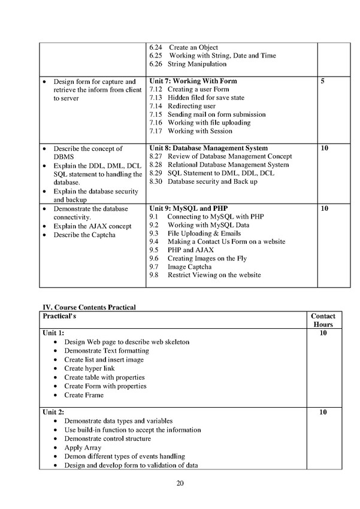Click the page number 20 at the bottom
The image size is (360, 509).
click(x=180, y=483)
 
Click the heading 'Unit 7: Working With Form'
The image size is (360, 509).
click(x=193, y=81)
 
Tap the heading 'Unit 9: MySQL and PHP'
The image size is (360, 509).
click(x=188, y=208)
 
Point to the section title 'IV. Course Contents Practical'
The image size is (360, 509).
click(x=88, y=307)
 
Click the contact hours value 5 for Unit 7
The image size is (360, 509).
click(x=323, y=81)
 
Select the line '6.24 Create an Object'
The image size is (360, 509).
click(x=184, y=47)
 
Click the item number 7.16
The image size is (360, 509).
click(x=156, y=123)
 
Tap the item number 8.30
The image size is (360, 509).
click(x=156, y=181)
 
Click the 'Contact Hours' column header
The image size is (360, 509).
click(x=323, y=320)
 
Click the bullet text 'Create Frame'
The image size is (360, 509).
click(x=84, y=395)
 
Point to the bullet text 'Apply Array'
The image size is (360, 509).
click(x=83, y=447)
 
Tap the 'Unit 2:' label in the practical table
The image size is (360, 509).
click(x=52, y=413)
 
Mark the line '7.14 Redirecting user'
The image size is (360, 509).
click(x=183, y=106)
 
